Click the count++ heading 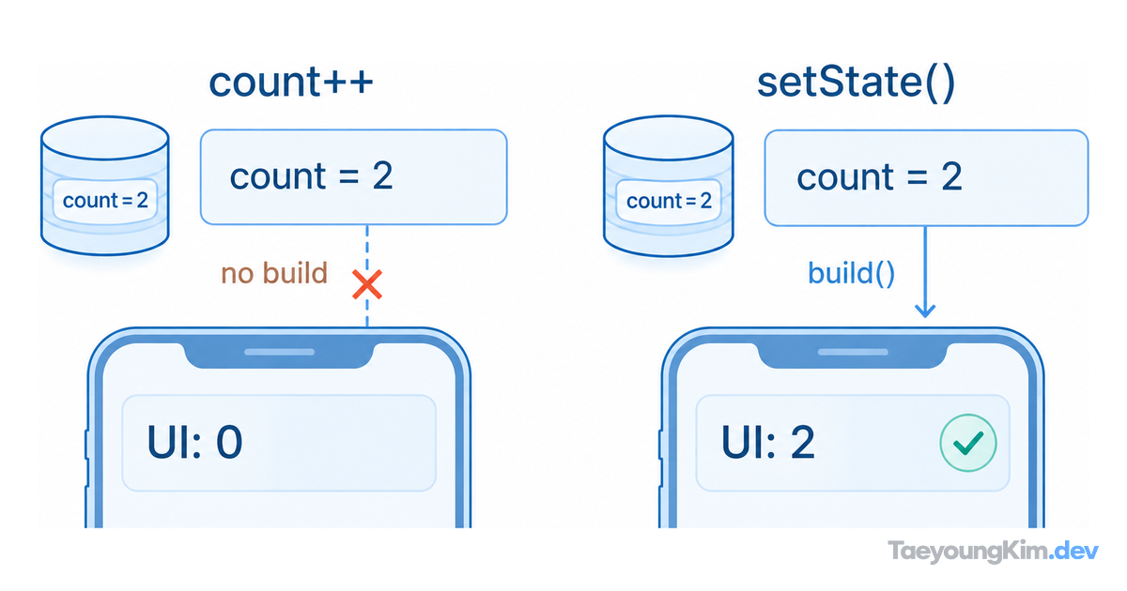(291, 82)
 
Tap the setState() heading (856, 83)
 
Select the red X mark (367, 284)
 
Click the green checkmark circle (968, 443)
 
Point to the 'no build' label (274, 273)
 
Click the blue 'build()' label (851, 273)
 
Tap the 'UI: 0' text (194, 442)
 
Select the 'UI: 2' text (768, 442)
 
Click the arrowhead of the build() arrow (925, 311)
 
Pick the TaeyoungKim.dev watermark (994, 551)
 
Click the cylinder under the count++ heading (104, 186)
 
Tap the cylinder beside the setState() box (668, 186)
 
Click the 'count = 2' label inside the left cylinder (105, 201)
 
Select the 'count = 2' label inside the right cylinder (669, 201)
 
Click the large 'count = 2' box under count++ (354, 177)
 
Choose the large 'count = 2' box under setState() (926, 178)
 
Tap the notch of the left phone (279, 355)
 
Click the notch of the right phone (853, 355)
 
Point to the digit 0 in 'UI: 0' (229, 442)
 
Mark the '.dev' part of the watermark (1074, 551)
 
